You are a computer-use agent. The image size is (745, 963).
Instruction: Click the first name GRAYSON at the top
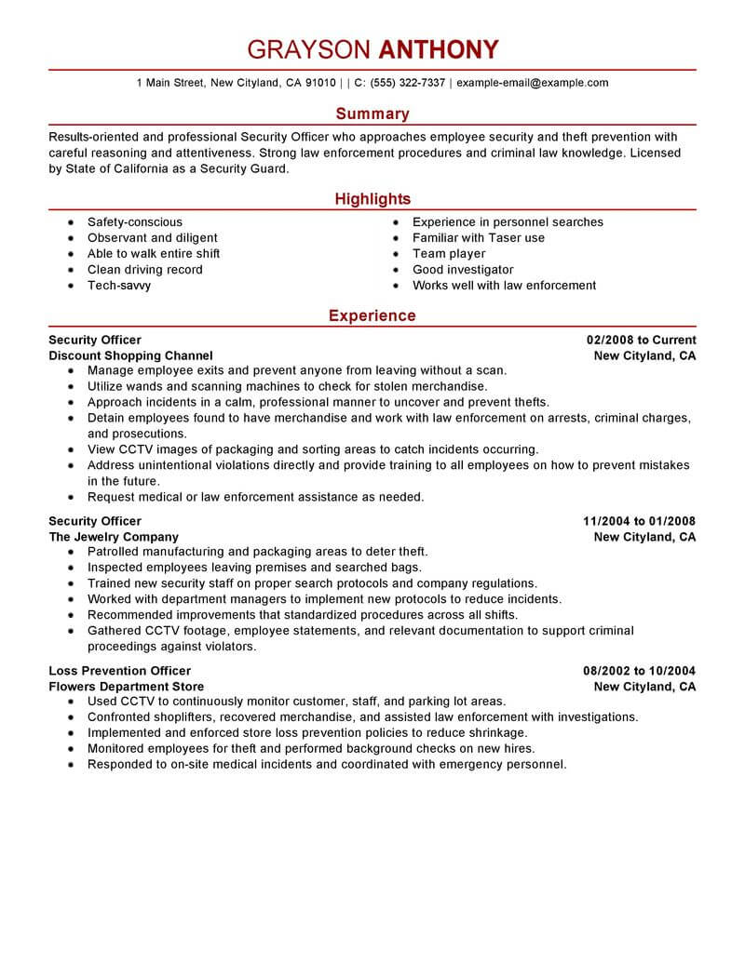(x=306, y=49)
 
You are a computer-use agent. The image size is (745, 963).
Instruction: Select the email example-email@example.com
(x=533, y=83)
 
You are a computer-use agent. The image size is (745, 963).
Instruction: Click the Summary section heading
(x=372, y=114)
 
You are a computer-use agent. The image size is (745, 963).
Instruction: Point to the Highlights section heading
(x=372, y=199)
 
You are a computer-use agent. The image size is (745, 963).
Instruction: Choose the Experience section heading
(x=372, y=315)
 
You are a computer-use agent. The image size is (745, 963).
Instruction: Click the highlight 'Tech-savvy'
(x=119, y=286)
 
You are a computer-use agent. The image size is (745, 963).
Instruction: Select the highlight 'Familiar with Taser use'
(x=479, y=238)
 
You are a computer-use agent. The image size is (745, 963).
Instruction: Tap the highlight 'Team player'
(x=449, y=254)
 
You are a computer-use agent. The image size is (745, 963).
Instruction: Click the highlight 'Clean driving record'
(x=144, y=270)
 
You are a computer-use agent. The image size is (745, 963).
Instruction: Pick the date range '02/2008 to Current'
(x=641, y=340)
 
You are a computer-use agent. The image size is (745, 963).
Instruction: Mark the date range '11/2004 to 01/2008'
(x=639, y=521)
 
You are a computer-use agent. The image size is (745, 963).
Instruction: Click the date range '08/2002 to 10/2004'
(x=639, y=671)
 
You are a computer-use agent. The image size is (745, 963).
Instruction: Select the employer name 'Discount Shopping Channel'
(x=130, y=355)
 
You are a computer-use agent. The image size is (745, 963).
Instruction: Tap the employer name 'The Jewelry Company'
(x=114, y=537)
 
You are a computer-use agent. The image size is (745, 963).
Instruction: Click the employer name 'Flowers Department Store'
(x=126, y=687)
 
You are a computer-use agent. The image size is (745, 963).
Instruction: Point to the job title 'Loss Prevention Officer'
(x=119, y=671)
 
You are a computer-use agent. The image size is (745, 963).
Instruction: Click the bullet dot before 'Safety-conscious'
(x=72, y=223)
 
